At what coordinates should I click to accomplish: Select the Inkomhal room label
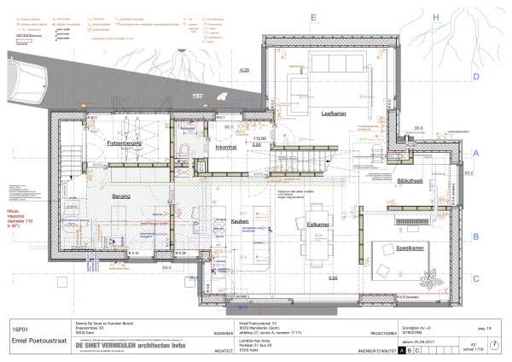tap(226, 149)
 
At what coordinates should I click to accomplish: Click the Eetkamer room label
tap(318, 224)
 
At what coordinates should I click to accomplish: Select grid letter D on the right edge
tap(475, 76)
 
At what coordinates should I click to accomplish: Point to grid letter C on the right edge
tap(475, 277)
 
